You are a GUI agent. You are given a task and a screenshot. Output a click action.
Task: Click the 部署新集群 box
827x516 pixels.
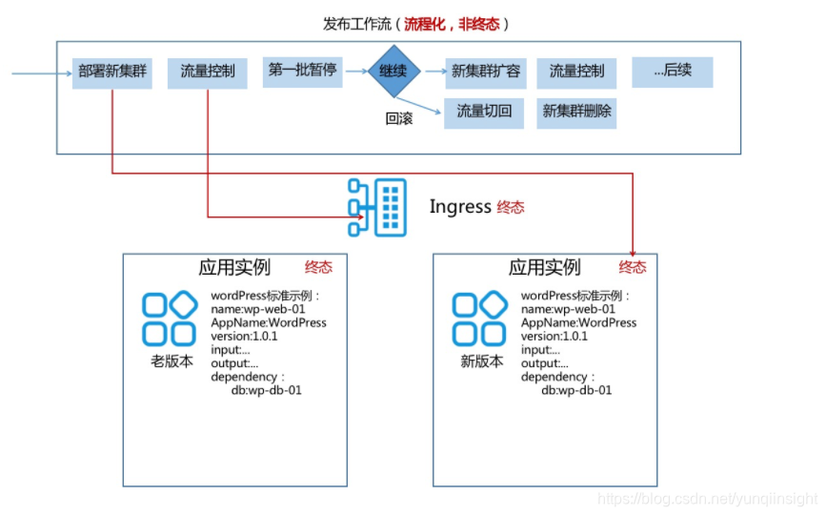pos(112,73)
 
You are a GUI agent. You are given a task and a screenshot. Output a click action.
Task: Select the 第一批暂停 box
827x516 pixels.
pos(302,72)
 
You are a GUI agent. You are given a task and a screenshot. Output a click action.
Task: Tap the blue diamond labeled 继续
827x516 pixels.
pos(394,71)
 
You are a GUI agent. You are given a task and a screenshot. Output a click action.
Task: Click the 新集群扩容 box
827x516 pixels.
pos(485,73)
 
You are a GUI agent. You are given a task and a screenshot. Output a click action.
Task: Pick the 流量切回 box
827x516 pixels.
pos(484,113)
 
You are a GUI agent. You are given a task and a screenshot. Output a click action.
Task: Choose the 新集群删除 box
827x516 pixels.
pos(576,113)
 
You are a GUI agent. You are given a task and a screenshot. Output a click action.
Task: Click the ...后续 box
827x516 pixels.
pos(672,72)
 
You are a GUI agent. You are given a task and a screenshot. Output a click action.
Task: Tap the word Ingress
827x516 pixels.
pos(460,207)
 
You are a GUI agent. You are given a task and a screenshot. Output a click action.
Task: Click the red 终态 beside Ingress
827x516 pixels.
pos(511,207)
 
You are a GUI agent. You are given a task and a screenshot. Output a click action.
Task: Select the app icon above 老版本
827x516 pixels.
pos(170,320)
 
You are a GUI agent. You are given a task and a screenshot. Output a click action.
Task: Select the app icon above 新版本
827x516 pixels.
pos(479,320)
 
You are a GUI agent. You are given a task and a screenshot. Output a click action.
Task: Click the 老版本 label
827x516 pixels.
pos(171,361)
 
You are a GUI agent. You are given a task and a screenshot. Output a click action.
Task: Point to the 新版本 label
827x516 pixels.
pos(481,361)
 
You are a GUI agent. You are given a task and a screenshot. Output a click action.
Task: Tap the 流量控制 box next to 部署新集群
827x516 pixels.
pos(208,73)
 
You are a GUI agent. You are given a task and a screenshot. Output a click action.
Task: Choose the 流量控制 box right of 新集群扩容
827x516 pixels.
pos(576,73)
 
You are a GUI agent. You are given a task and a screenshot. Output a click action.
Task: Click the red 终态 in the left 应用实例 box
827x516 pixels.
pos(319,267)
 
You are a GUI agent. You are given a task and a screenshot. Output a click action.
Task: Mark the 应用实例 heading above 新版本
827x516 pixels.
pos(544,268)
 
